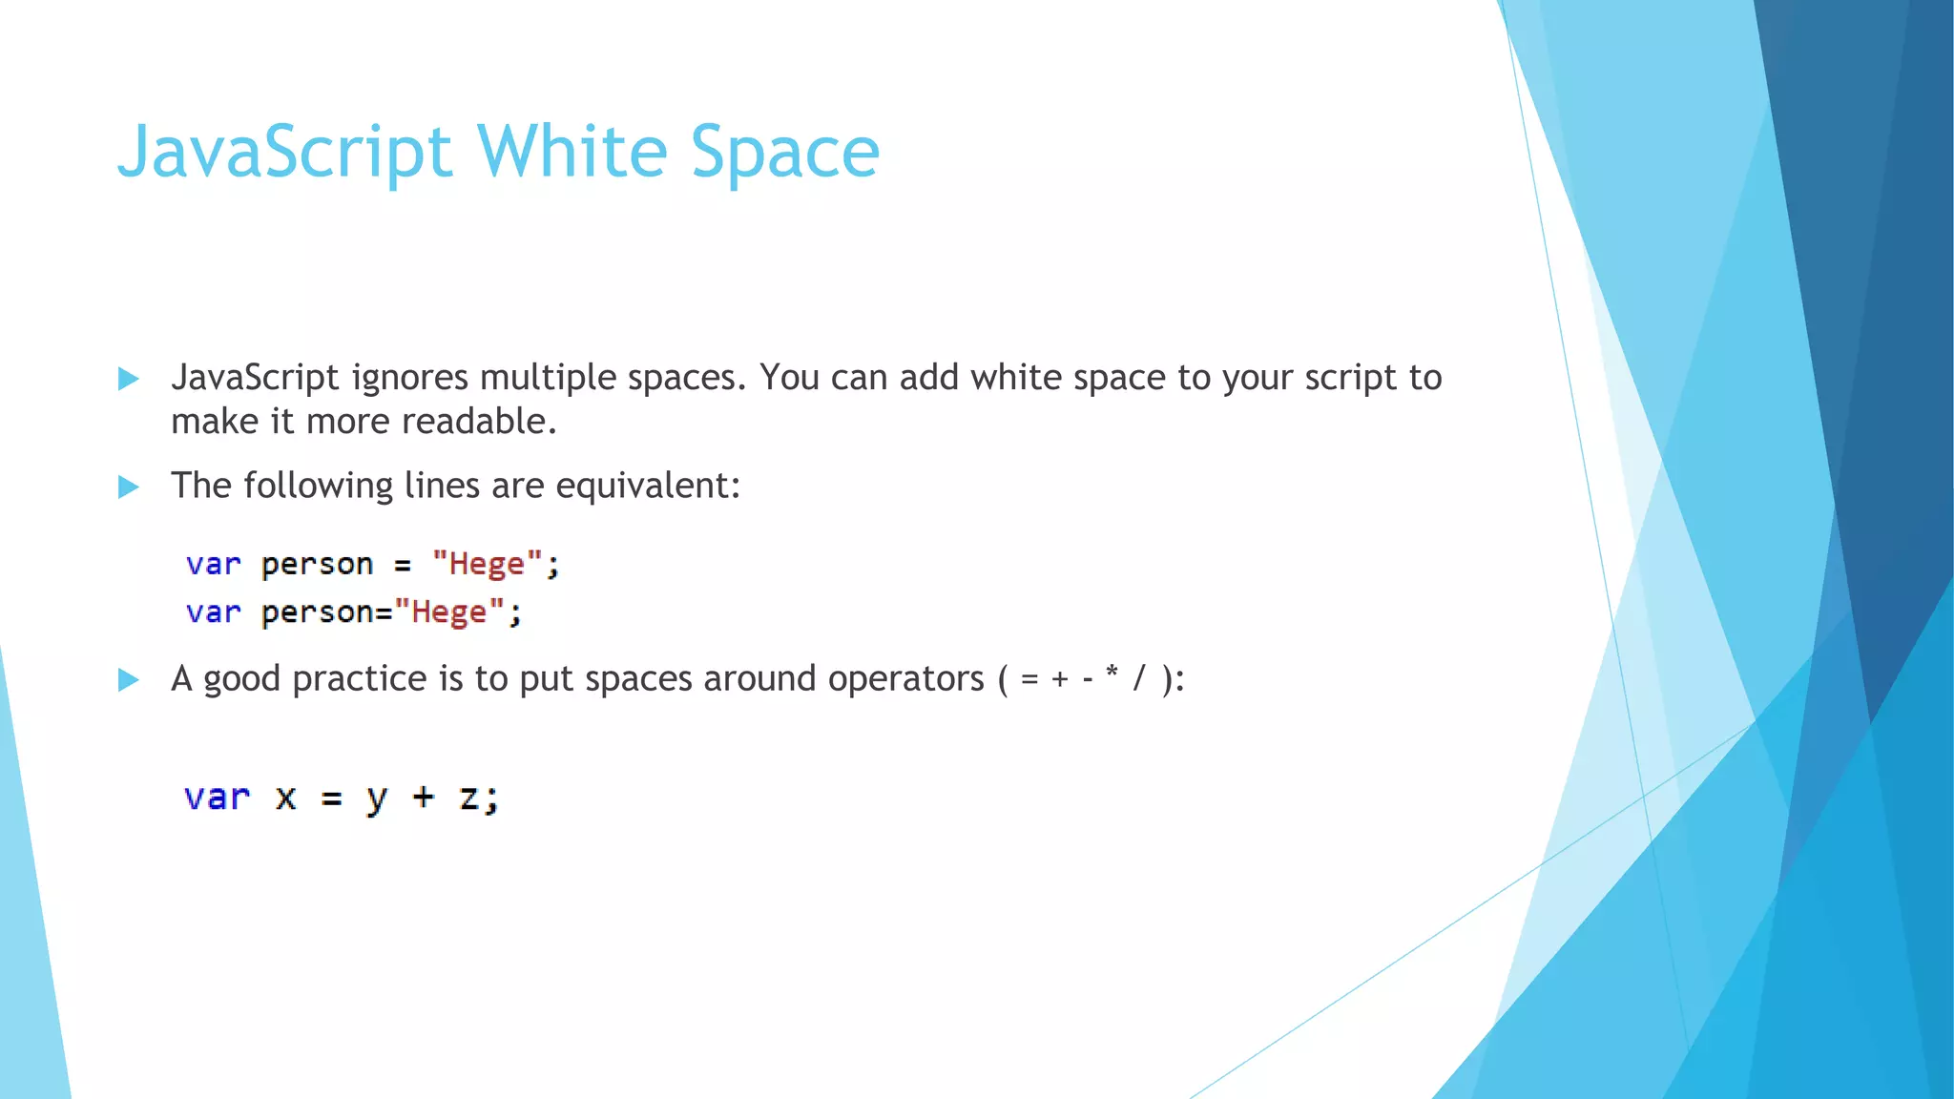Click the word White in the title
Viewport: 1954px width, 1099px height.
572,153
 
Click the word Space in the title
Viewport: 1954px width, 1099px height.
784,153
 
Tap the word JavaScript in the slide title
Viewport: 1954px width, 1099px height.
284,153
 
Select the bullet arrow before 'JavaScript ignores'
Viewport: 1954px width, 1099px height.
129,380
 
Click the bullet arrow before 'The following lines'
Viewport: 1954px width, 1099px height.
129,487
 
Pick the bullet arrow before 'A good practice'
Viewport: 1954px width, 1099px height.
129,680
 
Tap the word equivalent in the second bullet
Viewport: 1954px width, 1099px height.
646,487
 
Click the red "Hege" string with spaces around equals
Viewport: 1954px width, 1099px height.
487,564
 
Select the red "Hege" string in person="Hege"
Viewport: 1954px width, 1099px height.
448,612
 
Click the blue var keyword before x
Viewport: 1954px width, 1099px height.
217,797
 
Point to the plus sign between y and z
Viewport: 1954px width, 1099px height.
423,797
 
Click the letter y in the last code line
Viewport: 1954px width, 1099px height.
377,799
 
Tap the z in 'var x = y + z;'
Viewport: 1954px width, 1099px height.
468,798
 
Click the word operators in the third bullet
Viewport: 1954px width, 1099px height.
904,679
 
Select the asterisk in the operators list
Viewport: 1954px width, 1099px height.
1112,674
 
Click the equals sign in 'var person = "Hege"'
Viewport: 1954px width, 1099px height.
403,566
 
